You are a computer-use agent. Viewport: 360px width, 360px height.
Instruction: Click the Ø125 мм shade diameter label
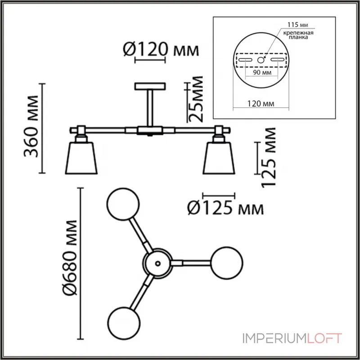(x=224, y=208)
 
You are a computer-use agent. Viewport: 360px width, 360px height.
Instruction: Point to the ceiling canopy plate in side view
(x=150, y=86)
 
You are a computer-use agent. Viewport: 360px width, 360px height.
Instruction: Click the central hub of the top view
(x=157, y=263)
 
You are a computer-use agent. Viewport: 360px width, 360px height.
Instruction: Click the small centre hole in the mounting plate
(x=261, y=59)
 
